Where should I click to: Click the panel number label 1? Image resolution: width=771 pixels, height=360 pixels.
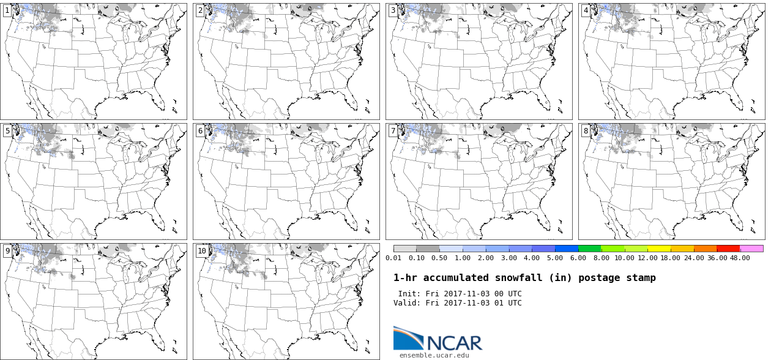7,10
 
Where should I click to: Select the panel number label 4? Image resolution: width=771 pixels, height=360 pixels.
586,10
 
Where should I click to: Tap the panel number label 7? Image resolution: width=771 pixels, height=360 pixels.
393,131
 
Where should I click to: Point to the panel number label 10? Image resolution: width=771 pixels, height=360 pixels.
201,251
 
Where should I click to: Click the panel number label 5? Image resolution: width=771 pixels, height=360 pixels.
7,131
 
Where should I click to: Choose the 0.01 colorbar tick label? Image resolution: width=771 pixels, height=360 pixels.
393,258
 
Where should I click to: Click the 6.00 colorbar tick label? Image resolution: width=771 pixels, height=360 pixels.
578,258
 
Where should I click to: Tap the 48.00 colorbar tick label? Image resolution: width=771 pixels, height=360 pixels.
740,258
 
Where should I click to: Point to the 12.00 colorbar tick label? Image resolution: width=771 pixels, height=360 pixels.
647,258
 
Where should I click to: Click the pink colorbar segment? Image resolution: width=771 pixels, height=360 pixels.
751,249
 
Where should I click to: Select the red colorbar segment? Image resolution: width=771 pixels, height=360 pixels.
729,249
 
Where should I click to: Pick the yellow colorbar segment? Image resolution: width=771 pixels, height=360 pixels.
659,249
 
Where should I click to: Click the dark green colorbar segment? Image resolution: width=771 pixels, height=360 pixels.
590,249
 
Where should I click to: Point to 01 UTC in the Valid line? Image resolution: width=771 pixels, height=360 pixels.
508,303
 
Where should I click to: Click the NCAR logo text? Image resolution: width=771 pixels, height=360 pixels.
455,343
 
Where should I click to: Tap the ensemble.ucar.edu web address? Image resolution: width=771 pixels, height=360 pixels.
434,355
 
